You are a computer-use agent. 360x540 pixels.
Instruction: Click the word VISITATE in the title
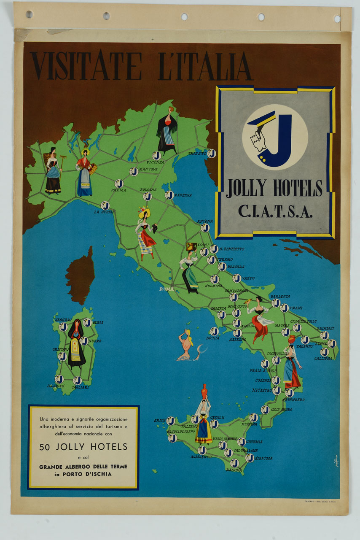(x=86, y=66)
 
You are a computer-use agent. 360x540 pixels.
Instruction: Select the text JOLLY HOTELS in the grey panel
(x=274, y=188)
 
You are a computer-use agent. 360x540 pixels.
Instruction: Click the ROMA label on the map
(x=166, y=289)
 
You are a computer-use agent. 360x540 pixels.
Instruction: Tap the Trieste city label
(x=197, y=154)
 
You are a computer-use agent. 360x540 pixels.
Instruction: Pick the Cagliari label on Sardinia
(x=80, y=387)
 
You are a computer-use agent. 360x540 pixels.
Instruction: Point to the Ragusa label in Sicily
(x=234, y=470)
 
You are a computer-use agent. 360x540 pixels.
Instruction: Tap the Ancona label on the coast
(x=205, y=221)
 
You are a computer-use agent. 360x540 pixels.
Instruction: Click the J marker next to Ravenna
(x=169, y=195)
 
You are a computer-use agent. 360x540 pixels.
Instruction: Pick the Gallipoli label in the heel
(x=323, y=359)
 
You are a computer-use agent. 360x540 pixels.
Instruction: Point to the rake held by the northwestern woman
(x=60, y=168)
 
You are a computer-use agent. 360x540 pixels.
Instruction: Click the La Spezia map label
(x=103, y=212)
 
